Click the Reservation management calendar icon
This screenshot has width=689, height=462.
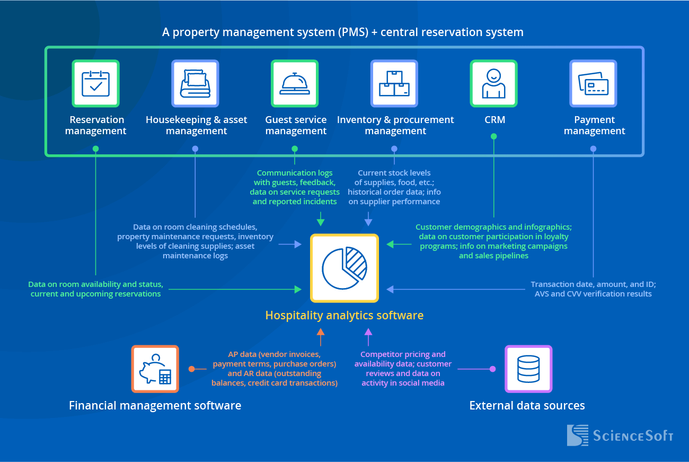tap(96, 83)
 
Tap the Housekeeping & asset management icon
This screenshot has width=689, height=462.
tap(195, 83)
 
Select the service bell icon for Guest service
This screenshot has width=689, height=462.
tap(295, 83)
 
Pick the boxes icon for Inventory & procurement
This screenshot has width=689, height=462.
tap(394, 83)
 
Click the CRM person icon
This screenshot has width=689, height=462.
tap(493, 83)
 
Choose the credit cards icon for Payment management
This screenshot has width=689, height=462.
tap(593, 83)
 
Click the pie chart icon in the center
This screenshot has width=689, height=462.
tap(344, 268)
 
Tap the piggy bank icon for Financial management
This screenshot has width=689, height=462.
tap(155, 369)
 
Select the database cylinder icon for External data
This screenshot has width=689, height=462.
tap(528, 369)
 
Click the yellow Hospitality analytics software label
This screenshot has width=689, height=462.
tap(344, 316)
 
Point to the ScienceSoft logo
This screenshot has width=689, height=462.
tap(620, 435)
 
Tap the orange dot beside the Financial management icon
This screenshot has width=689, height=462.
tap(191, 369)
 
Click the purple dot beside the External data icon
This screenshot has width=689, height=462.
tap(492, 369)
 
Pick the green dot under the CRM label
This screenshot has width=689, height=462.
tap(493, 136)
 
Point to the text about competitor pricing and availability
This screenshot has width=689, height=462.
tap(403, 359)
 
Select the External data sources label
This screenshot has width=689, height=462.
tap(527, 406)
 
